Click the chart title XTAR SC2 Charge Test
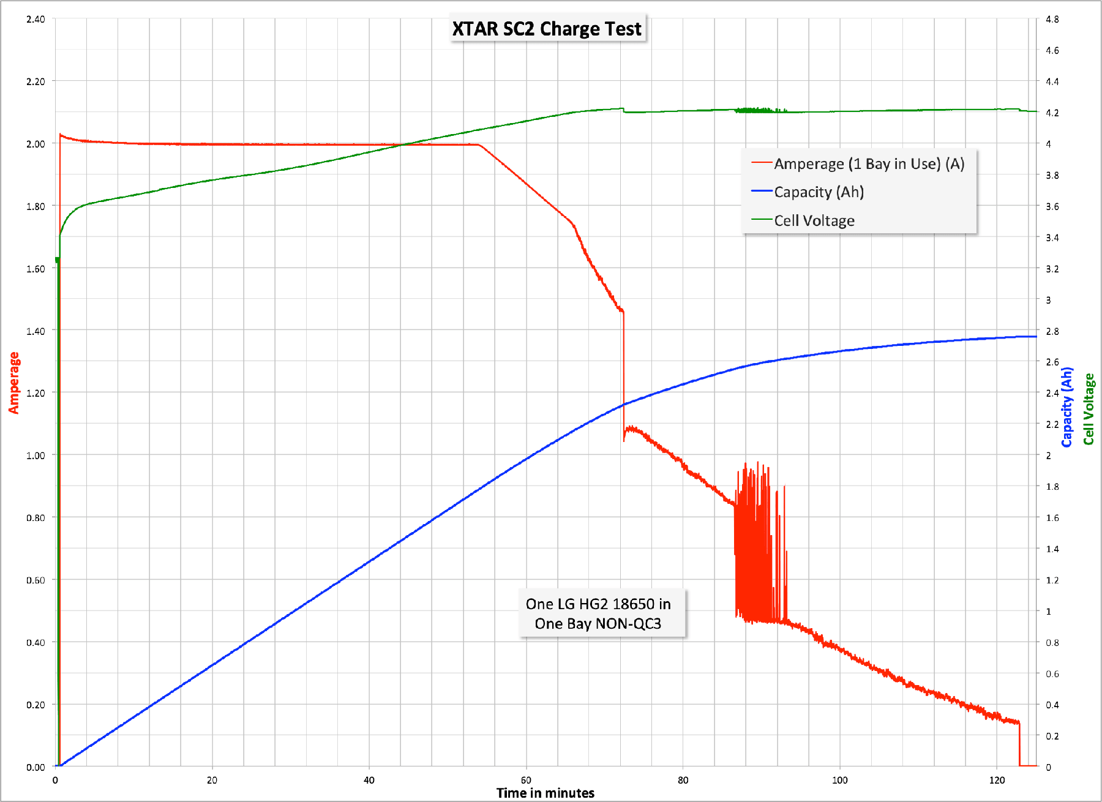point(547,29)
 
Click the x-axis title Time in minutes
point(545,793)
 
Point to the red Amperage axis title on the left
point(13,383)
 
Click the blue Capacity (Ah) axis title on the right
point(1067,407)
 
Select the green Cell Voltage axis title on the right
point(1089,408)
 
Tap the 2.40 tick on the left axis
point(36,19)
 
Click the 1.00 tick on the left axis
point(36,455)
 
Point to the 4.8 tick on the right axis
point(1052,19)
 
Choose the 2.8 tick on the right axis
point(1052,331)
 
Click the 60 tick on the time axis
point(526,780)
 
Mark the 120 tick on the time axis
point(997,780)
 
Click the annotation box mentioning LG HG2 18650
point(599,613)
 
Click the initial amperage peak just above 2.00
point(60,134)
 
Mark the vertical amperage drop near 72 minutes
point(623,373)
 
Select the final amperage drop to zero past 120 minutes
point(1019,744)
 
